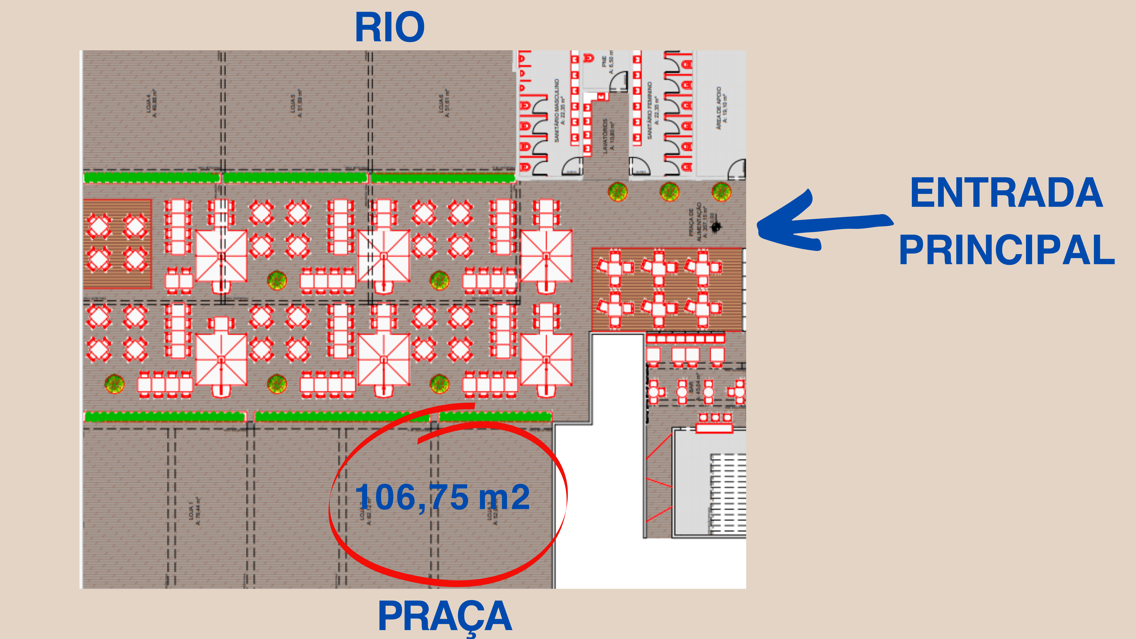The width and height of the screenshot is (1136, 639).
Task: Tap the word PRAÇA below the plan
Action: (x=445, y=616)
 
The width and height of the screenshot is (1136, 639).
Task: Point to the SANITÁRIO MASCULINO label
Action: (x=559, y=110)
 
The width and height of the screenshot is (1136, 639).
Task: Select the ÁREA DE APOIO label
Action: (x=722, y=108)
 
